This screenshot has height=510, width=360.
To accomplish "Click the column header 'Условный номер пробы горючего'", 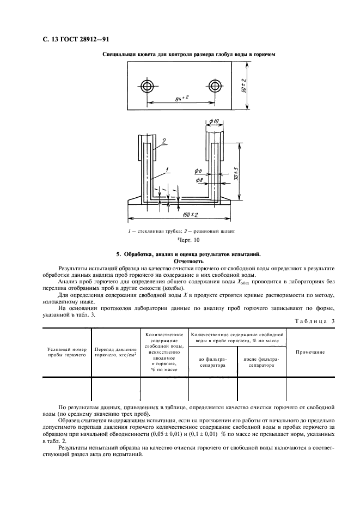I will (67, 351).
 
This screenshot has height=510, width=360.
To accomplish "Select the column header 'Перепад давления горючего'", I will (115, 351).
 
